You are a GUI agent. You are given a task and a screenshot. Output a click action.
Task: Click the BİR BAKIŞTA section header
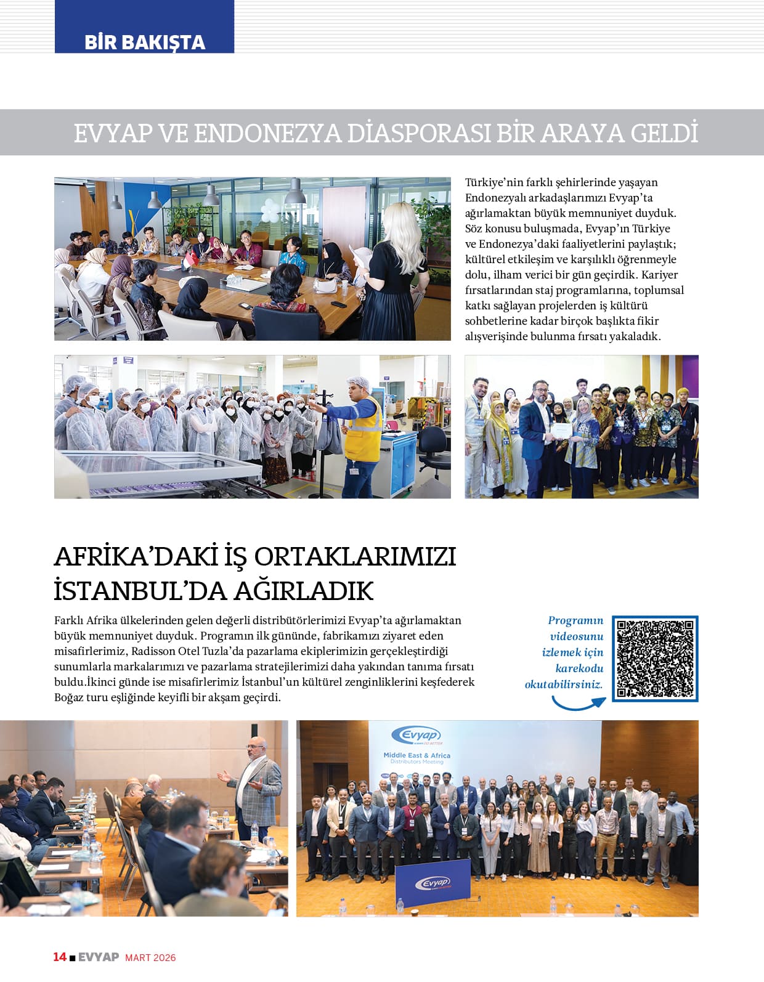[144, 42]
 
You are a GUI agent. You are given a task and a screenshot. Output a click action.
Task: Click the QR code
[655, 658]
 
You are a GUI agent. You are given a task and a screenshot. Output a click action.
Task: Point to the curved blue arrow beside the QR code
[577, 703]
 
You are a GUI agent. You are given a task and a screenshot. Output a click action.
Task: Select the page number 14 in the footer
[59, 957]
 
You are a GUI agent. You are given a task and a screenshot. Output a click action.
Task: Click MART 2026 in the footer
[150, 957]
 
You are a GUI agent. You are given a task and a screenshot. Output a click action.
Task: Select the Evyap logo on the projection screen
[417, 735]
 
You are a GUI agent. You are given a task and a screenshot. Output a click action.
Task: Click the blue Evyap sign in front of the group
[432, 884]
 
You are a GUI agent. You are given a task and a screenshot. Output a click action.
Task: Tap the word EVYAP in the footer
[99, 957]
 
